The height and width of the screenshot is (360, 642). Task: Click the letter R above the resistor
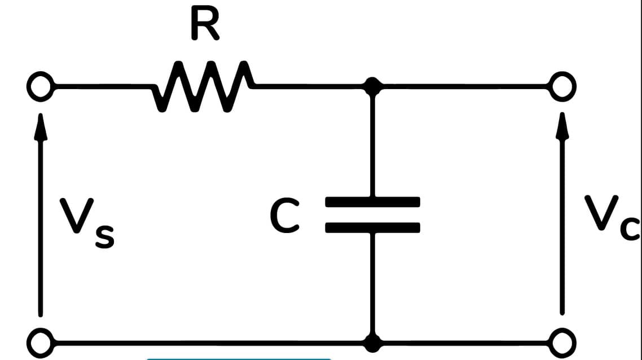205,25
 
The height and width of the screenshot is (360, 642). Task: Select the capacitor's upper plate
372,201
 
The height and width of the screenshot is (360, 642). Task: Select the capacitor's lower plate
372,227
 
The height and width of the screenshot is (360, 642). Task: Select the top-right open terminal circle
561,87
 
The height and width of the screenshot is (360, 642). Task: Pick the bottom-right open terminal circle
561,341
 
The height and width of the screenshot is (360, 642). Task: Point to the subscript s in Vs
104,236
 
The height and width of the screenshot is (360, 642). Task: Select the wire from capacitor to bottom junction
372,282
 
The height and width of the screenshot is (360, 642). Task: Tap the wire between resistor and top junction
310,86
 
